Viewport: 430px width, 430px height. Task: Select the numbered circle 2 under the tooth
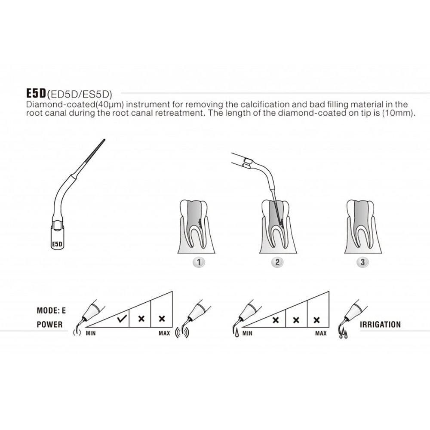pyautogui.click(x=277, y=262)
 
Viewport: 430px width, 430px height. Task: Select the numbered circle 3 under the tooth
pyautogui.click(x=362, y=262)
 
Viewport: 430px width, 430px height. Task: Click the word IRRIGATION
pyautogui.click(x=380, y=325)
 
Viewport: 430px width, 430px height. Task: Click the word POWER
pyautogui.click(x=49, y=325)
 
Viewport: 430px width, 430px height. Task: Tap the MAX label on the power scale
pyautogui.click(x=164, y=333)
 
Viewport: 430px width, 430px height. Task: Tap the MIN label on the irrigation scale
pyautogui.click(x=247, y=333)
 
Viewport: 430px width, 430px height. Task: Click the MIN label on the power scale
pyautogui.click(x=91, y=333)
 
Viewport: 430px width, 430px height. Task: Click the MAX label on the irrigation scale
pyautogui.click(x=320, y=333)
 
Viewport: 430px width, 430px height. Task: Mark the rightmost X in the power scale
pyautogui.click(x=162, y=319)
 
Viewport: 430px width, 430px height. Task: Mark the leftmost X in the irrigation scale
pyautogui.click(x=276, y=320)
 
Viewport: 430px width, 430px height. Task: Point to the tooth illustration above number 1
pyautogui.click(x=194, y=226)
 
